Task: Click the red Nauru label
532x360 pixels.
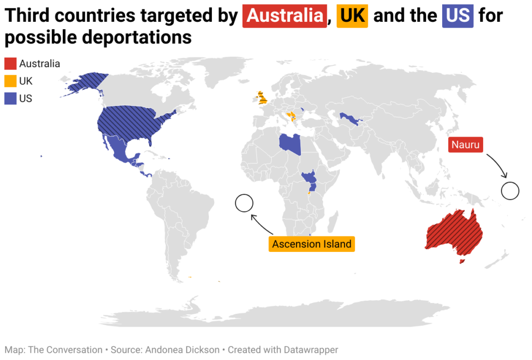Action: tap(465, 145)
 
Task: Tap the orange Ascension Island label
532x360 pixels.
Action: tap(312, 244)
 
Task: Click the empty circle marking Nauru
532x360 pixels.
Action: tap(510, 191)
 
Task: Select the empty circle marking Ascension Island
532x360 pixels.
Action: tap(244, 203)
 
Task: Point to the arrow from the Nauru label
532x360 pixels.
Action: tap(496, 166)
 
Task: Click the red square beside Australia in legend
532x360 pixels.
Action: tap(10, 64)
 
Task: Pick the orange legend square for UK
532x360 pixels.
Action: tap(10, 81)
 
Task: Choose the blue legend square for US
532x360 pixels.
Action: tap(10, 98)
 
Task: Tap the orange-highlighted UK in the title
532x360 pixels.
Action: tap(352, 16)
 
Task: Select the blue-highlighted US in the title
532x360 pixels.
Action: tap(458, 16)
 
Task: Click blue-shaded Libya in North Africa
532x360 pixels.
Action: tap(289, 142)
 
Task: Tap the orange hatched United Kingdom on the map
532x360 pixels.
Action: tap(261, 98)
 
